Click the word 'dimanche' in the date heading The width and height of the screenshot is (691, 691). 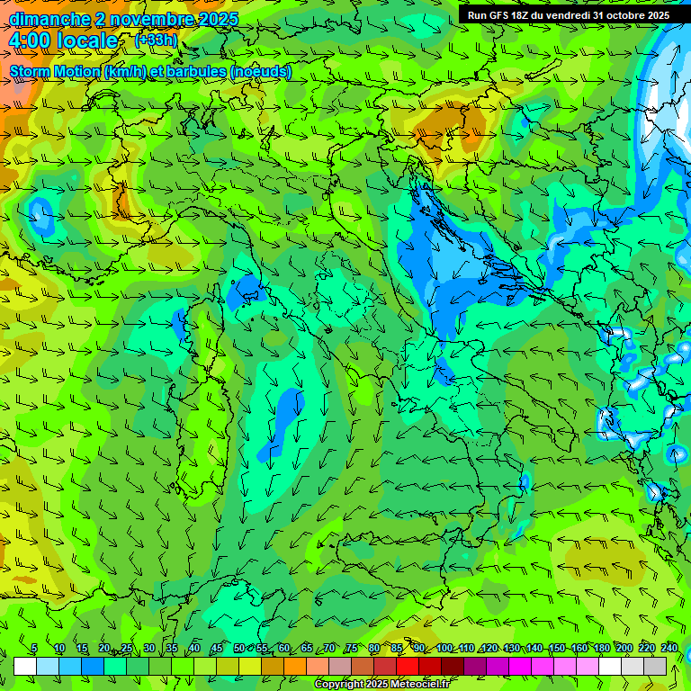[x=49, y=19]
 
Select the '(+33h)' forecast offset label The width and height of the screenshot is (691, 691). [x=156, y=40]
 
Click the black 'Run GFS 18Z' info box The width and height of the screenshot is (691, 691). [x=569, y=15]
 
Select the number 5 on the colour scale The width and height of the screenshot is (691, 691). [x=34, y=649]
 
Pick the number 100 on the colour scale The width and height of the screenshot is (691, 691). [x=444, y=649]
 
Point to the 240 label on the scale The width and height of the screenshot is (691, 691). [x=669, y=649]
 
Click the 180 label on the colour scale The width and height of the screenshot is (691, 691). [x=600, y=649]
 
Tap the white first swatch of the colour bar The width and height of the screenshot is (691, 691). [x=25, y=666]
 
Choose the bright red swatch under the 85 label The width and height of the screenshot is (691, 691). [x=408, y=666]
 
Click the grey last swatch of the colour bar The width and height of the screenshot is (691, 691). [x=655, y=666]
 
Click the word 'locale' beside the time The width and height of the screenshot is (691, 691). [x=86, y=40]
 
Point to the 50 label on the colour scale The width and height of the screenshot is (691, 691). [x=238, y=649]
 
